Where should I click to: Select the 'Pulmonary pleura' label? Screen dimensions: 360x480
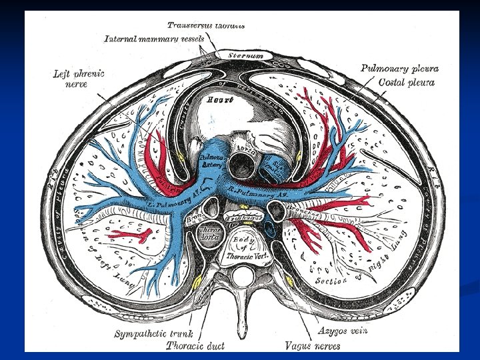[x=399, y=68]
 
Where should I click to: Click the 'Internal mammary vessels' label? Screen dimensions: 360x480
[x=154, y=39]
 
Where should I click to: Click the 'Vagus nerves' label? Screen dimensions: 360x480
[x=312, y=345]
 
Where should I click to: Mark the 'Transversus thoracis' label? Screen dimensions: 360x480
[x=206, y=25]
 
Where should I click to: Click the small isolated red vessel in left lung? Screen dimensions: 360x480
[x=133, y=234]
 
